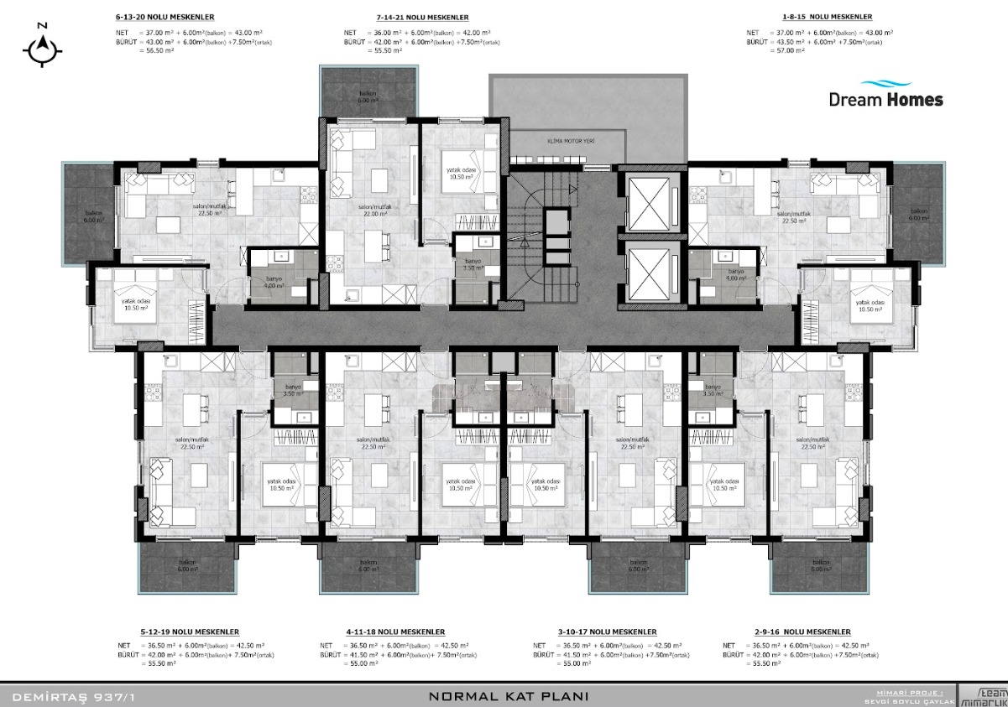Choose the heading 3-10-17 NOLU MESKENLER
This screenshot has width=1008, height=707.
(x=597, y=632)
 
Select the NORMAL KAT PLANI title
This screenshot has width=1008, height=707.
(x=508, y=696)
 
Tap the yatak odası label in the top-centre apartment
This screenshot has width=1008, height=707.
(x=461, y=172)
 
